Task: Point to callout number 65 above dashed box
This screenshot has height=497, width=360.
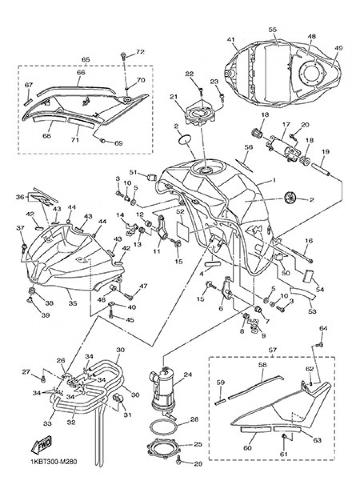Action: click(86, 59)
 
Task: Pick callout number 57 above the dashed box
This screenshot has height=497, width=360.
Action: click(273, 350)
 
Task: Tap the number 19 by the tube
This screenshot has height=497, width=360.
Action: click(325, 152)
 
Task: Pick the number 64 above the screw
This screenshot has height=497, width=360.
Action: click(323, 328)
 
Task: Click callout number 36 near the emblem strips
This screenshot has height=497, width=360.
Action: click(20, 197)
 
